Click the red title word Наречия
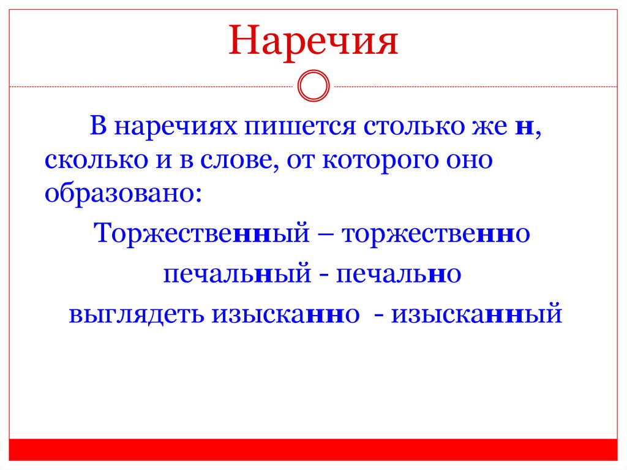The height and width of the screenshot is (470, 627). (x=313, y=42)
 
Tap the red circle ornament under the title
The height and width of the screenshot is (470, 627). (x=313, y=86)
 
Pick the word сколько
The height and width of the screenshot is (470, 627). (x=88, y=161)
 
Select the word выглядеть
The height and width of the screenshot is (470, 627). (x=137, y=314)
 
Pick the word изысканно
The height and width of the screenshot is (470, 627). (x=285, y=314)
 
